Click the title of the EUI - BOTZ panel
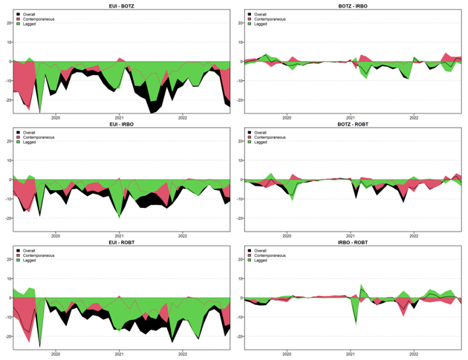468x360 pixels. [119, 6]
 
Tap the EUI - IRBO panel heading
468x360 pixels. [119, 124]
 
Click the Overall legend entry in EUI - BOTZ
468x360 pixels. [31, 14]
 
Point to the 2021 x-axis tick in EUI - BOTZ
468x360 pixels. [119, 117]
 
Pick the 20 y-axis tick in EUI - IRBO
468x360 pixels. [7, 141]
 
